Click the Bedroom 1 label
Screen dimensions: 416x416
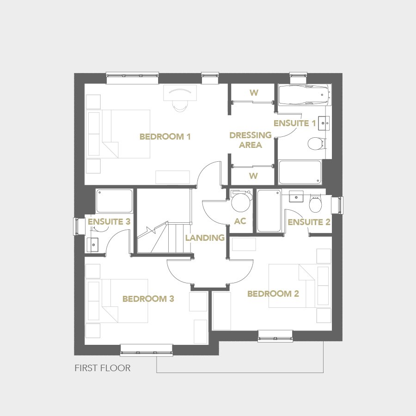[x=165, y=137]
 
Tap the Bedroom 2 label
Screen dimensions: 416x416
[x=273, y=294]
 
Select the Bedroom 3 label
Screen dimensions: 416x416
[x=148, y=299]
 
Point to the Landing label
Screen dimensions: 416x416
[x=205, y=238]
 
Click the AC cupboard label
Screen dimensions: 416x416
[x=240, y=221]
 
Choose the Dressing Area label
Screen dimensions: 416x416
[x=251, y=140]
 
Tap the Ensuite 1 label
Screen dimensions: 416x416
[x=295, y=123]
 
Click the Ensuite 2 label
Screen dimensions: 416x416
[x=309, y=222]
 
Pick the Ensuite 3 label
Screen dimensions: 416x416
[x=109, y=222]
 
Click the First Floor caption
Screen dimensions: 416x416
[x=103, y=368]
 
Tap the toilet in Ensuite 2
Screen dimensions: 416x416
[x=315, y=203]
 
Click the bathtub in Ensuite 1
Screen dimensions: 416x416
[x=304, y=95]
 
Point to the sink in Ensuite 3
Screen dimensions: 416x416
[x=92, y=245]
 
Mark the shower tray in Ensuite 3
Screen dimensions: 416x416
[x=114, y=201]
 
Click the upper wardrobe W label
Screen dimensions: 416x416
[x=254, y=93]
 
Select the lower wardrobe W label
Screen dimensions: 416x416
[x=254, y=176]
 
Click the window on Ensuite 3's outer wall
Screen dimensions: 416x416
[x=76, y=227]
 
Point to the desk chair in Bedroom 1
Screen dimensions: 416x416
[x=180, y=105]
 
